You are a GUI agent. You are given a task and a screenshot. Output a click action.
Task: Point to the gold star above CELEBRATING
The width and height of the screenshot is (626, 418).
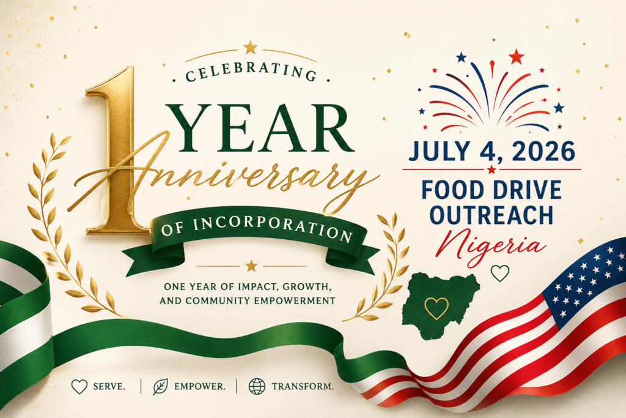pos(250,47)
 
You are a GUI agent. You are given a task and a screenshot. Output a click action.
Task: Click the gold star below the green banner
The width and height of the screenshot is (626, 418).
pos(251,266)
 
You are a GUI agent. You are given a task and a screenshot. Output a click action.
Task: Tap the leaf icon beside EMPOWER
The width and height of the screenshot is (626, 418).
pos(160,387)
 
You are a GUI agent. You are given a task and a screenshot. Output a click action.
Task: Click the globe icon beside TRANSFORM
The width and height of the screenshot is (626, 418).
pos(257,386)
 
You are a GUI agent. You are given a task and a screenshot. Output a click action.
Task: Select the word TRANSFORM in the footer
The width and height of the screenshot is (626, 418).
pos(302,386)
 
